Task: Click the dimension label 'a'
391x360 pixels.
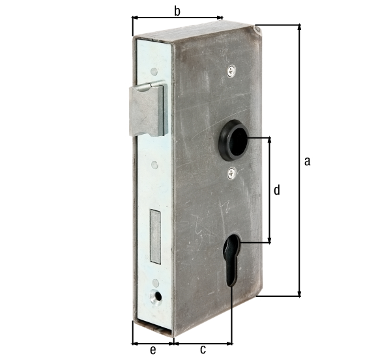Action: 307,161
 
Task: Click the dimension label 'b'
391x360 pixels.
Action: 177,12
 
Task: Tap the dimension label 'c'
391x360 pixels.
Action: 203,350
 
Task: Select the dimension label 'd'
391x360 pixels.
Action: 277,190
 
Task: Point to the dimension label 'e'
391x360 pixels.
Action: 153,350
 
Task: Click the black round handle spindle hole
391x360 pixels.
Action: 234,139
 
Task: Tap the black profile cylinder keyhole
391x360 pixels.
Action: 232,260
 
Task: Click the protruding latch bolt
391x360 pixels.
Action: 148,109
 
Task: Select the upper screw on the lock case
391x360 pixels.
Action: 231,71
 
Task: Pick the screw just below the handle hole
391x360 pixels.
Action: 232,173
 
